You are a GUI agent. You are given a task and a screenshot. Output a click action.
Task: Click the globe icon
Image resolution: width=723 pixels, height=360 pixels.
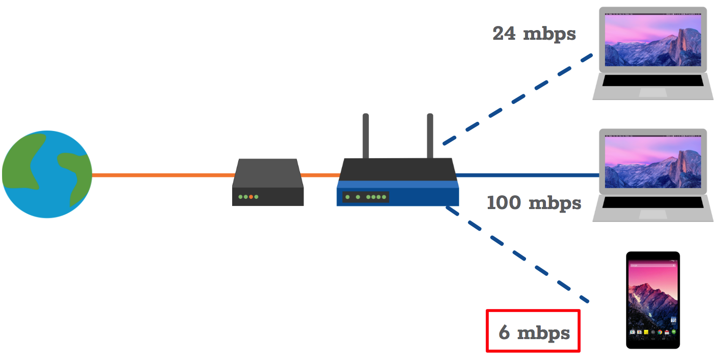(47, 174)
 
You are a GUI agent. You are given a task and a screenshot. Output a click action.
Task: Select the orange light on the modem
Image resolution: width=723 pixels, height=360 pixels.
(251, 197)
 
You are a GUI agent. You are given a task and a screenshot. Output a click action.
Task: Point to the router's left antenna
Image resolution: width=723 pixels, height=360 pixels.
(366, 136)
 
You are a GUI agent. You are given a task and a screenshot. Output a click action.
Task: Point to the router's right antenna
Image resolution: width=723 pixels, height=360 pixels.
(430, 136)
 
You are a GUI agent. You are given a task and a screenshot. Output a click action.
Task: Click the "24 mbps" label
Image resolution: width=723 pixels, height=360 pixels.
(534, 34)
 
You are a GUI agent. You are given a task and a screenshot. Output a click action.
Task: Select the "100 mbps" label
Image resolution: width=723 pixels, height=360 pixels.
(534, 203)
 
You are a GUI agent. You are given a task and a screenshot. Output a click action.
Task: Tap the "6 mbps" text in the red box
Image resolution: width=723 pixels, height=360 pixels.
(534, 332)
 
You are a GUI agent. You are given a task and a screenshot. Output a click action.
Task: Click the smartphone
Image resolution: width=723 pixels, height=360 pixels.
(653, 300)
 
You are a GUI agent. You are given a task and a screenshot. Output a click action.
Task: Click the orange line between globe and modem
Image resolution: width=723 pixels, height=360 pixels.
(163, 175)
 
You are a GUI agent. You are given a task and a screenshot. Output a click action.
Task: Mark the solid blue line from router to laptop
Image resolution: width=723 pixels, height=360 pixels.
(526, 175)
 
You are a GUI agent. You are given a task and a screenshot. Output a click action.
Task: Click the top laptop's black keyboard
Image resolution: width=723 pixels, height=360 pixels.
(653, 81)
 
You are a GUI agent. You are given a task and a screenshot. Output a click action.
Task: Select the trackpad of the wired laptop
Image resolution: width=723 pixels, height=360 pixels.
(653, 215)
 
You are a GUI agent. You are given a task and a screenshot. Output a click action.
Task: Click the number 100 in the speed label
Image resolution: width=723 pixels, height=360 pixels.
(504, 203)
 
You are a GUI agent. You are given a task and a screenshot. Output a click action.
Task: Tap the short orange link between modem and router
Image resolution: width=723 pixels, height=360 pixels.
(319, 175)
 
